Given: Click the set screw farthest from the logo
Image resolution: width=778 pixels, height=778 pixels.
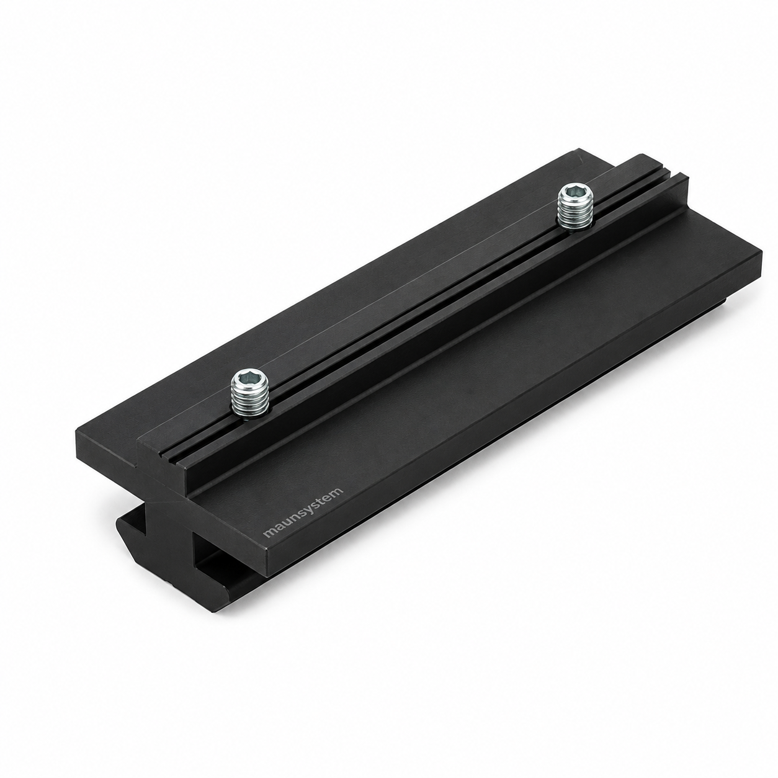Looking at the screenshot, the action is tap(575, 207).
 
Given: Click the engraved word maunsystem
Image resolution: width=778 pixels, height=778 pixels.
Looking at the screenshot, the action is tap(303, 512).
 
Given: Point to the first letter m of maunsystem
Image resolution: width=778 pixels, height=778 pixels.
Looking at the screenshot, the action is tap(269, 533).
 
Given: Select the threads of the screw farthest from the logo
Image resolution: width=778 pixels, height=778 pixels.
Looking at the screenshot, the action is tap(575, 213).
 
